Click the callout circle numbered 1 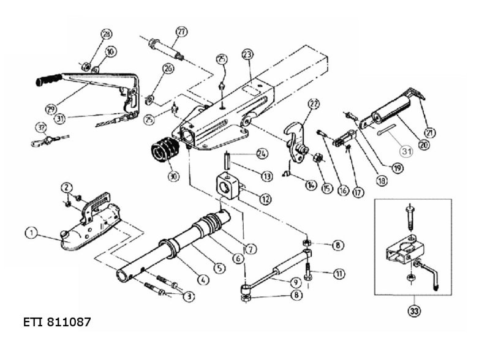pos(29,232)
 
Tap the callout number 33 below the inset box pos(414,312)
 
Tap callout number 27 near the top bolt pos(181,32)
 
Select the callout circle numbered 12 pos(265,199)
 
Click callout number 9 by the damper pos(296,282)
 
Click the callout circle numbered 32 pos(40,128)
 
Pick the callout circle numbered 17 pos(358,191)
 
